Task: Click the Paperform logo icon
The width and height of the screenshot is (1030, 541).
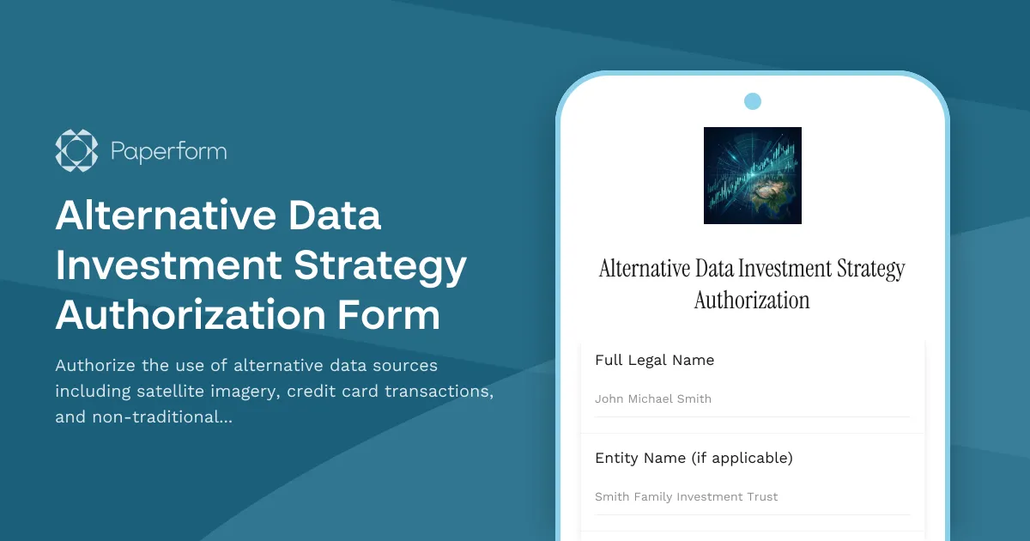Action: point(76,150)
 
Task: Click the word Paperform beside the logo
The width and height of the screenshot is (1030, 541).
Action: point(168,152)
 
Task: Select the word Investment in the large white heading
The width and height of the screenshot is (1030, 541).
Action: point(167,265)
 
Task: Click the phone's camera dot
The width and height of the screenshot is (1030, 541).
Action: point(753,101)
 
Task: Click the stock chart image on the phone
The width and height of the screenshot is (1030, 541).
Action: point(753,175)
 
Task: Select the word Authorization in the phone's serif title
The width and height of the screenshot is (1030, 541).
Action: point(752,301)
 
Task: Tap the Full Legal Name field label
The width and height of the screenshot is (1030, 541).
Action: point(654,361)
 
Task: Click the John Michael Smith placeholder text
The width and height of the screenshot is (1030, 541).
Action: point(653,398)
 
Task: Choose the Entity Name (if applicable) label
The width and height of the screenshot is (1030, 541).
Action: point(694,459)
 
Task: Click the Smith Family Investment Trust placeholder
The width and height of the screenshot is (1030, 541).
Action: point(687,496)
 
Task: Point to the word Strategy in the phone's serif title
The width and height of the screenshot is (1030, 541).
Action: point(869,269)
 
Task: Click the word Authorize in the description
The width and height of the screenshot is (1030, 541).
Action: point(94,366)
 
